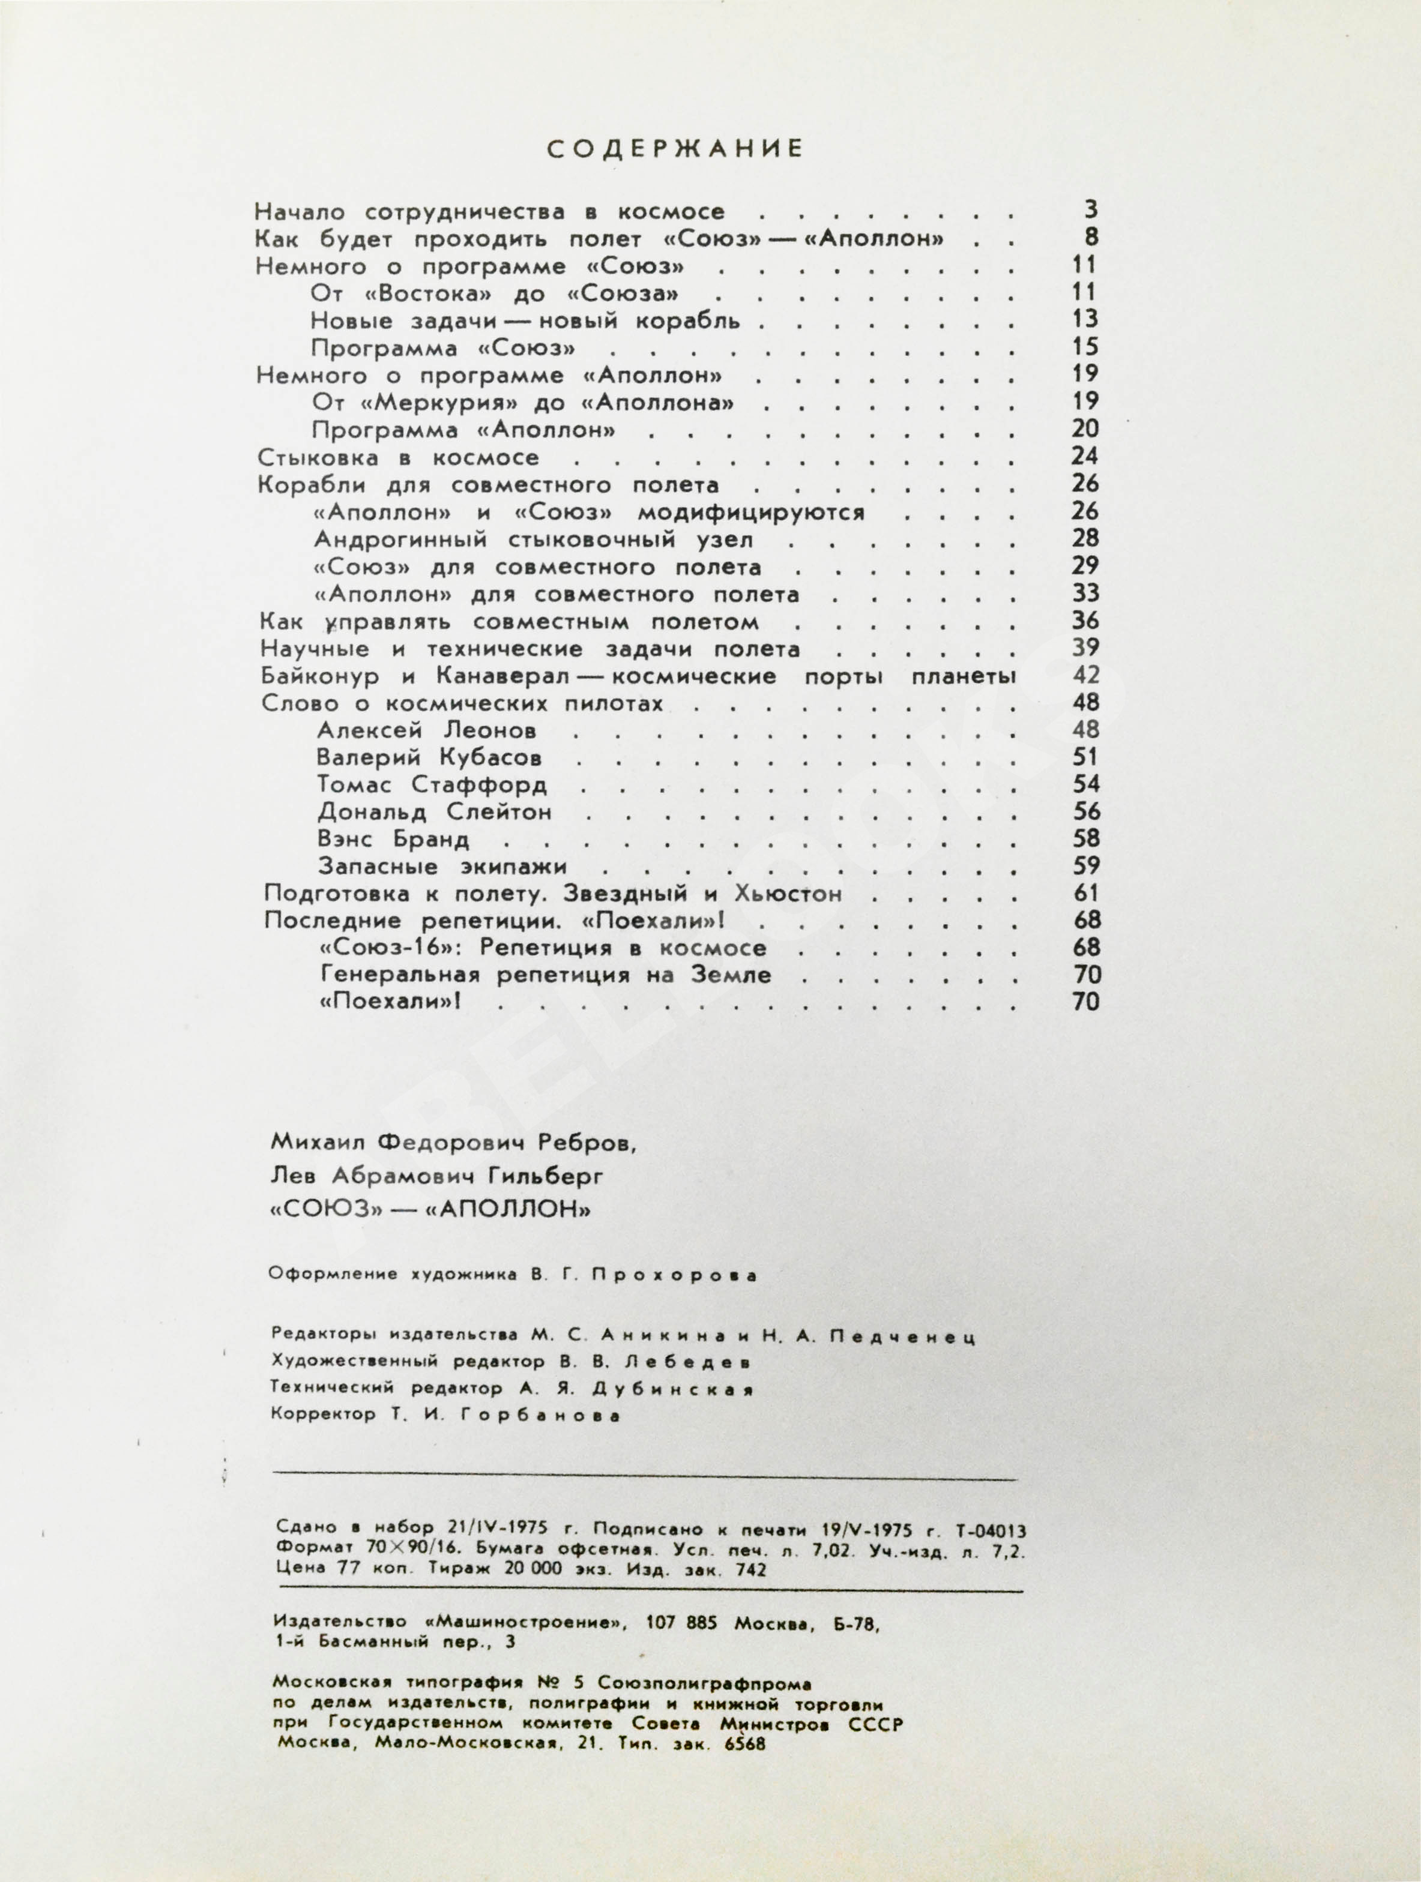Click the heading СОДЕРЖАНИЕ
tap(674, 150)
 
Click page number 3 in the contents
tap(1091, 209)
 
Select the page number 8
tap(1091, 238)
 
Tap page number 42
tap(1086, 676)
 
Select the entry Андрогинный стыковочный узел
tap(534, 540)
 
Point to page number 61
tap(1087, 894)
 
